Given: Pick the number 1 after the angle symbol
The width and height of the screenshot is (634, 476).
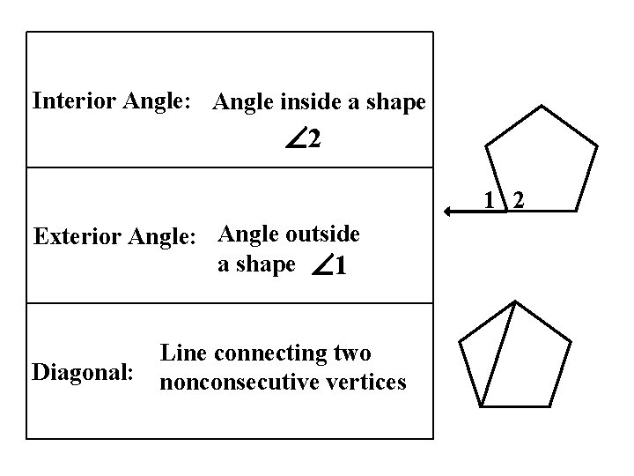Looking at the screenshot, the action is click(x=341, y=265).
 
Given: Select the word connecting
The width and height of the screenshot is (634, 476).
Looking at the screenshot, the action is click(x=269, y=353).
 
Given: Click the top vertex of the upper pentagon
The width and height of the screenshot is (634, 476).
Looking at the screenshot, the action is click(x=541, y=108).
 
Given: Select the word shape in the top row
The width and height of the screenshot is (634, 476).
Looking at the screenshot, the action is click(x=397, y=103).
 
